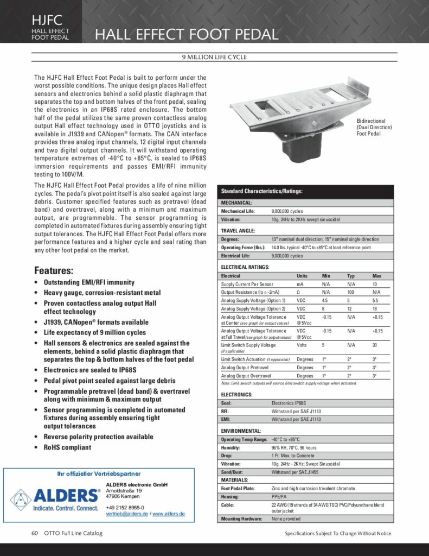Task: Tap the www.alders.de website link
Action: [169, 513]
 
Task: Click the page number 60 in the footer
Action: [34, 533]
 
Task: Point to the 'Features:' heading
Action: [54, 270]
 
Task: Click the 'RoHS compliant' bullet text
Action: [67, 447]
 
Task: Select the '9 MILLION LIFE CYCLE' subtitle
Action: [214, 57]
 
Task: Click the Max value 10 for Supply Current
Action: [374, 284]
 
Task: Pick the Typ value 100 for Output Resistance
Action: [351, 292]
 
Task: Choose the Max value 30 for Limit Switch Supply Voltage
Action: [374, 345]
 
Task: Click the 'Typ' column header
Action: [351, 276]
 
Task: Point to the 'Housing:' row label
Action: [230, 496]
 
